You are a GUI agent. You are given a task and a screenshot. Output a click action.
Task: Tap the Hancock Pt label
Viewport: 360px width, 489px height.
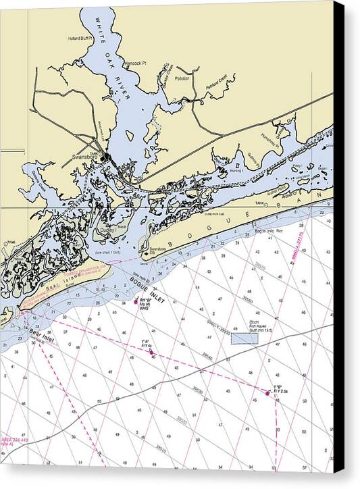click(x=135, y=63)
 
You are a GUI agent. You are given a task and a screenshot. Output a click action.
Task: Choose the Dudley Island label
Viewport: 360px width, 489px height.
click(x=107, y=230)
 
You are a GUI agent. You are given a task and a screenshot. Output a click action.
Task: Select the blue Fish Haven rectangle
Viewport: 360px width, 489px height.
click(x=245, y=338)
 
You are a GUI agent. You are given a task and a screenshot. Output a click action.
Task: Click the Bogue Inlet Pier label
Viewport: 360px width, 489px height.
click(x=269, y=231)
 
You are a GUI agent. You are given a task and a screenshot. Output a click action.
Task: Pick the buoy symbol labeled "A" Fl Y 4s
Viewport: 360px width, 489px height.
click(x=151, y=350)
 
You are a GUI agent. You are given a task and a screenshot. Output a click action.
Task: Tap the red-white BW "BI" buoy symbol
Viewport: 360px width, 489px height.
click(x=136, y=301)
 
